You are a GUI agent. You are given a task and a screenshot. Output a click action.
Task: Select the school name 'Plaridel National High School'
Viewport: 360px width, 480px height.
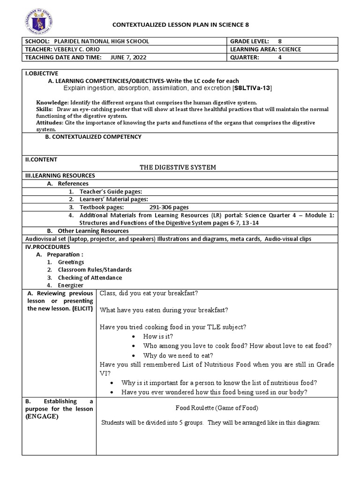click(x=102, y=41)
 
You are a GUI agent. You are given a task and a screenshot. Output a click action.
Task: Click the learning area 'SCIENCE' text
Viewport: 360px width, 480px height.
click(x=287, y=49)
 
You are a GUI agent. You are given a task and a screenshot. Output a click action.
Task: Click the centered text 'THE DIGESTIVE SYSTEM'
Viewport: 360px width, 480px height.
click(x=178, y=167)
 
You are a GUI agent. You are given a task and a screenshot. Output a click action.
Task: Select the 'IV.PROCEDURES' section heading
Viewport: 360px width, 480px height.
click(x=47, y=247)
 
